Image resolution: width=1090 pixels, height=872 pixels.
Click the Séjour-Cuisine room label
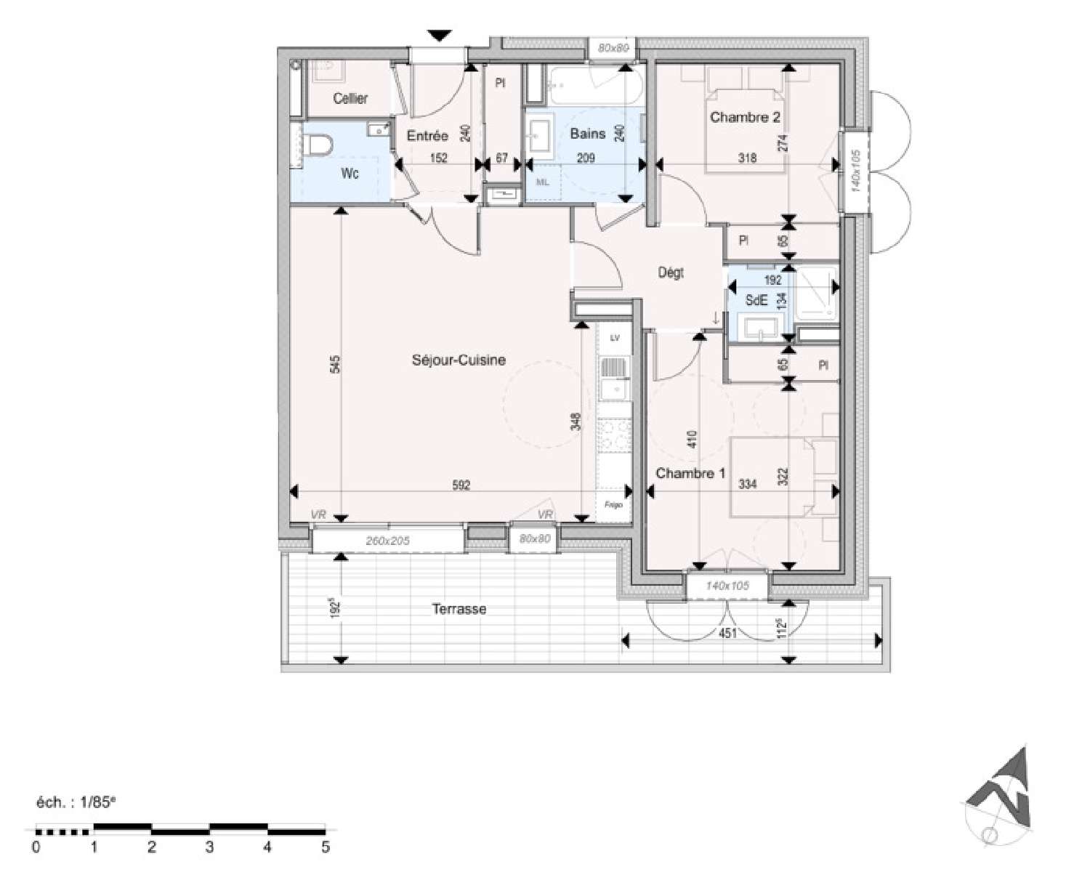pos(458,360)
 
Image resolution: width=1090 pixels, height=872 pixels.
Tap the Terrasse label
pos(459,609)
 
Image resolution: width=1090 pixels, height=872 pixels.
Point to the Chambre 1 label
pos(690,473)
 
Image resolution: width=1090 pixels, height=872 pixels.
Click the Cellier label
pos(350,98)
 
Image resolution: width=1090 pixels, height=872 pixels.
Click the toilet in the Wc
pos(318,146)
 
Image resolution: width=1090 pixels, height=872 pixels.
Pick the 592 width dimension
pos(461,485)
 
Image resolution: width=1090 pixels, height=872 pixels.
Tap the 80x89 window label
pos(612,49)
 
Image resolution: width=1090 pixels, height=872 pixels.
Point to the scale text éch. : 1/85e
pos(76,802)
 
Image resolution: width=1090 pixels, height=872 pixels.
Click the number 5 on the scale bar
pos(325,847)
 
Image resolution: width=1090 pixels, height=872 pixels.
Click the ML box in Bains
pos(542,182)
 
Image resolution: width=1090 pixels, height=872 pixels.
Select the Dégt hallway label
pos(671,273)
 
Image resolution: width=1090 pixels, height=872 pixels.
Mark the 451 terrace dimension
pos(727,634)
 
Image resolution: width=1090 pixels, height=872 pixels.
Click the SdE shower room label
pos(756,301)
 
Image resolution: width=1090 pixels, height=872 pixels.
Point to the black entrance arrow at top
pos(439,35)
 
